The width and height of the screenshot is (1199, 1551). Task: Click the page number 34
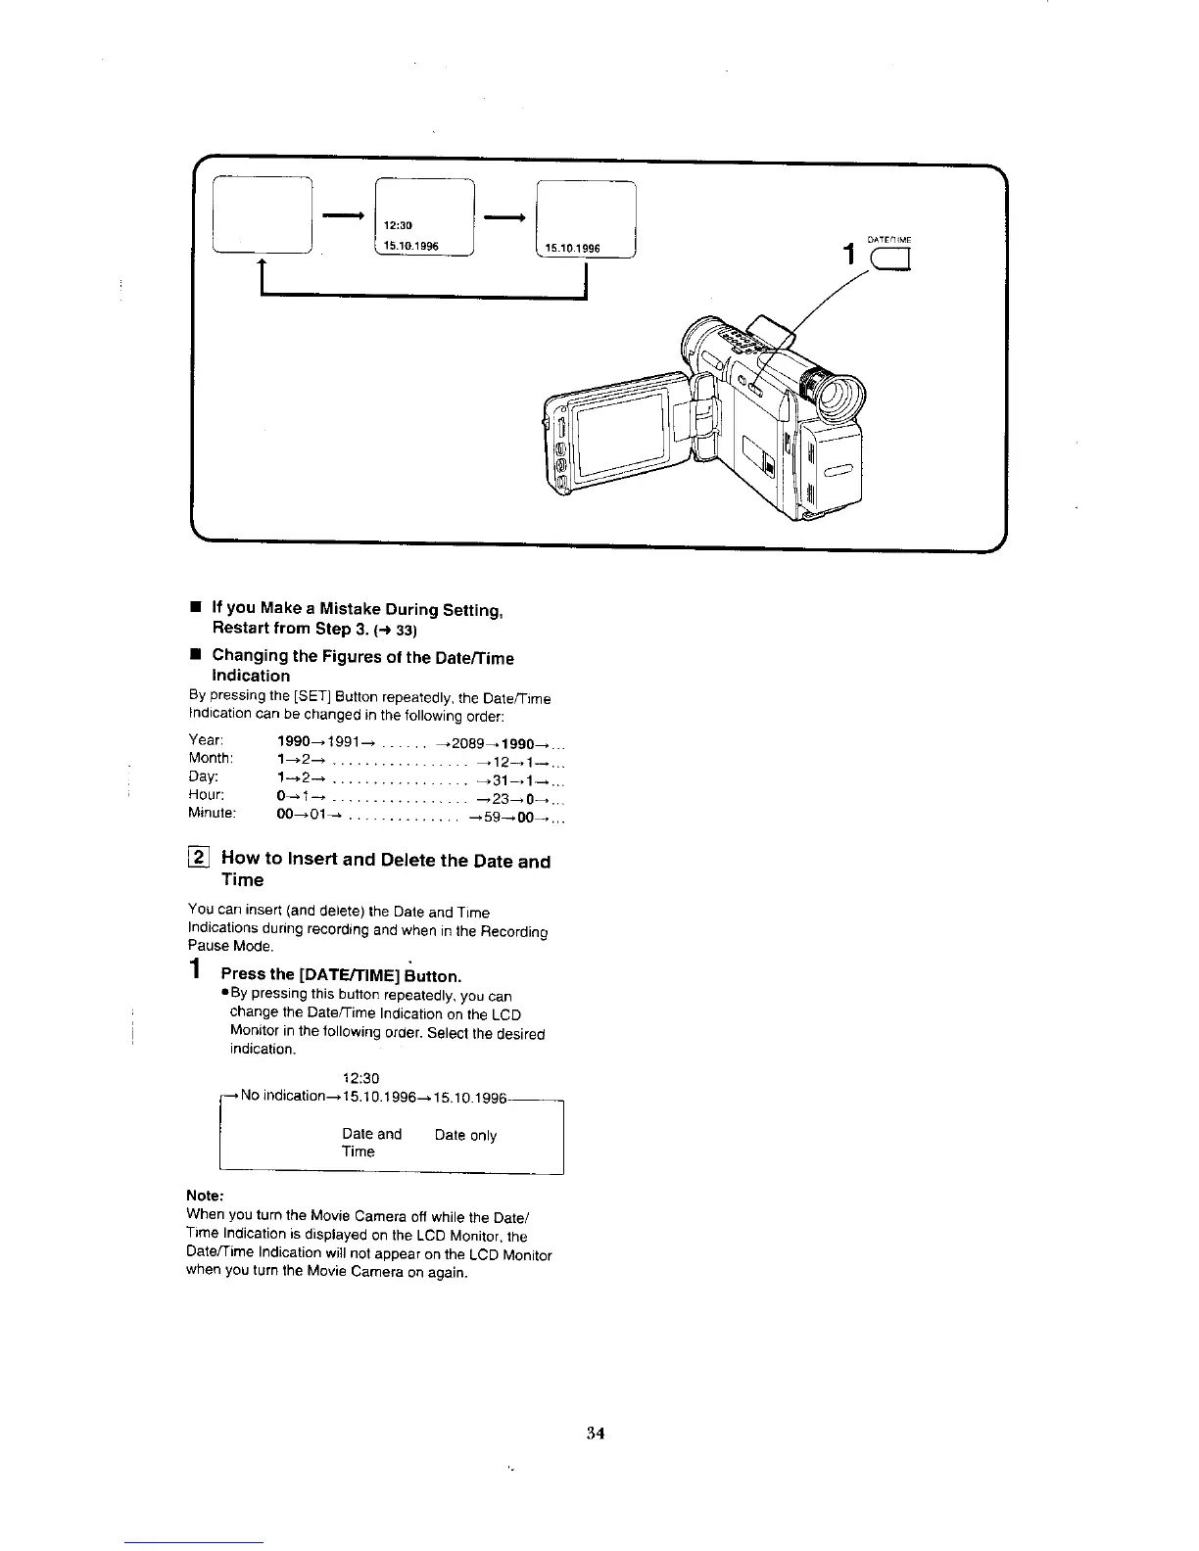tap(596, 1433)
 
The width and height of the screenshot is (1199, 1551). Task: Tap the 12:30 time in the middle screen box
tap(398, 225)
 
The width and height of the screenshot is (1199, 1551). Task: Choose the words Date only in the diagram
tap(465, 1135)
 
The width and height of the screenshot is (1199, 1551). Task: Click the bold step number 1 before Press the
tap(197, 972)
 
